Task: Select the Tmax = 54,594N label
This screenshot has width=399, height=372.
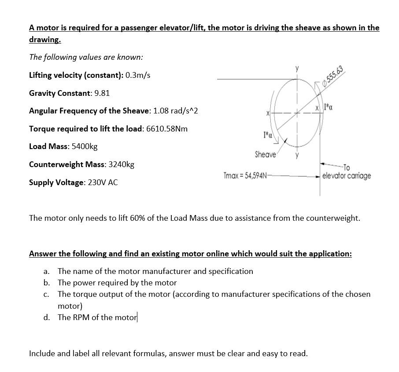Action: [245, 175]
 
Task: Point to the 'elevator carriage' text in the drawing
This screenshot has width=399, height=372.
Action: [346, 176]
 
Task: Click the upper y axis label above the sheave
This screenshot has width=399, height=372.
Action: [297, 69]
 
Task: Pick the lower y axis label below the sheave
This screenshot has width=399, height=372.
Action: [297, 155]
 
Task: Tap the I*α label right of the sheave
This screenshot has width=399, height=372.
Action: [328, 107]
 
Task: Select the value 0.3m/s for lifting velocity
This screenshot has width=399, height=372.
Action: [138, 75]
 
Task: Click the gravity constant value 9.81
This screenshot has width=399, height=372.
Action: [102, 93]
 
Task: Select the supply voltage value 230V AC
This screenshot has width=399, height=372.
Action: [103, 182]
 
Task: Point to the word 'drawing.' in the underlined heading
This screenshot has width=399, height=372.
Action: [44, 39]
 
